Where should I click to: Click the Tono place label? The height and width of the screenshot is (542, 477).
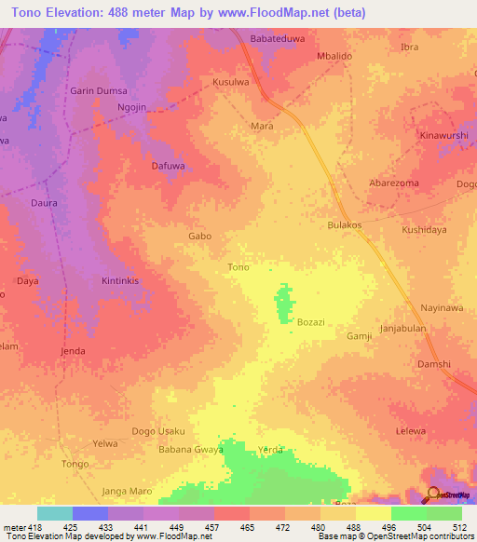[x=238, y=267]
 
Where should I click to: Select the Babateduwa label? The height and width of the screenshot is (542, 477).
[x=278, y=39]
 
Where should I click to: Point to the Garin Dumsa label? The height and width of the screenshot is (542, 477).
[x=96, y=91]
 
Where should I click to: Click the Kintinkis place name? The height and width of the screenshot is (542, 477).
[x=119, y=280]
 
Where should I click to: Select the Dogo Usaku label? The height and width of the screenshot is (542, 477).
[x=159, y=431]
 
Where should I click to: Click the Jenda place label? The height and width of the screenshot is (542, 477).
[x=73, y=351]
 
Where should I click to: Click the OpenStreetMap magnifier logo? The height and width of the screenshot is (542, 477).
[x=434, y=495]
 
